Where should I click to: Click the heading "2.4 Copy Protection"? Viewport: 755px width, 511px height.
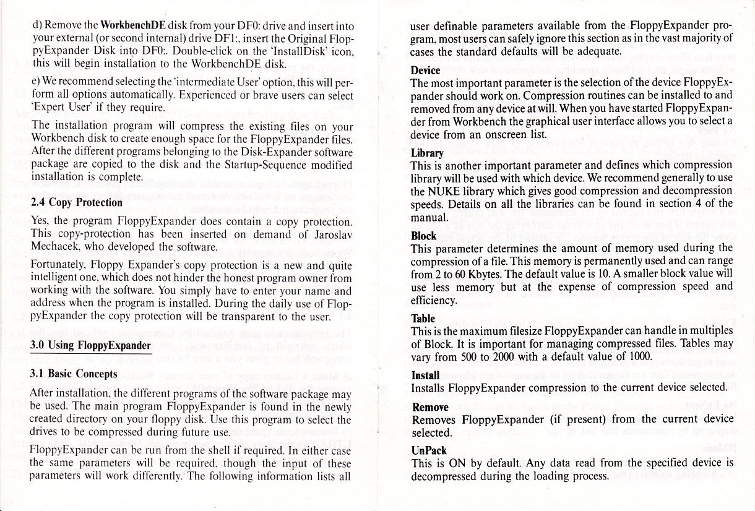(77, 202)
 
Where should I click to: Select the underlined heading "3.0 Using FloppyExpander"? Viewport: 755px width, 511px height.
(90, 345)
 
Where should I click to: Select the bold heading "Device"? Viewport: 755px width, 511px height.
(426, 71)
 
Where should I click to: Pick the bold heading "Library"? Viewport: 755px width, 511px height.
(427, 153)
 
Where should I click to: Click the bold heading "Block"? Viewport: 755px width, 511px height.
(424, 236)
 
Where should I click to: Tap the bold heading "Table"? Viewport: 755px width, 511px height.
(423, 319)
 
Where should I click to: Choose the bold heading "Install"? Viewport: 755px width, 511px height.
(425, 376)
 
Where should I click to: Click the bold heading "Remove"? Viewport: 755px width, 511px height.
(430, 407)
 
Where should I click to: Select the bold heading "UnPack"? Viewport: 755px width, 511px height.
(429, 450)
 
